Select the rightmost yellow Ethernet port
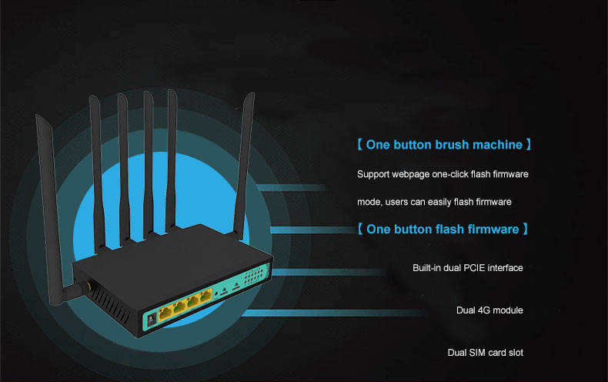[x=206, y=295]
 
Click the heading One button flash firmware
[x=443, y=230]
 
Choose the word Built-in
[x=428, y=268]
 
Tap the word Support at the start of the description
[x=373, y=175]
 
